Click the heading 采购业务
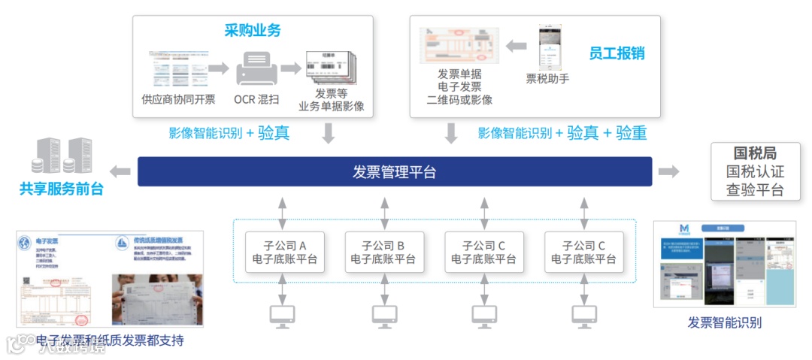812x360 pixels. (x=252, y=31)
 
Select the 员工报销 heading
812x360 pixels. (x=617, y=53)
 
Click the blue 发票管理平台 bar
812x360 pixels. (x=394, y=171)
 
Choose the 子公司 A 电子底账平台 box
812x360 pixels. (x=284, y=253)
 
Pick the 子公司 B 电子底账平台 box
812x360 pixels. (x=383, y=253)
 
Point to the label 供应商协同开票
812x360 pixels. (x=178, y=99)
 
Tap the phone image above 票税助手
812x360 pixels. (x=550, y=47)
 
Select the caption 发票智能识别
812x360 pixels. (x=724, y=323)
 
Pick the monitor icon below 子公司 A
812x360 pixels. (x=282, y=316)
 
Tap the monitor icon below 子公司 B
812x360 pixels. (x=384, y=316)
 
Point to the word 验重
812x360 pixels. (x=631, y=134)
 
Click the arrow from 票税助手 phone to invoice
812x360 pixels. (x=516, y=47)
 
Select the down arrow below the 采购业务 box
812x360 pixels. (x=328, y=134)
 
